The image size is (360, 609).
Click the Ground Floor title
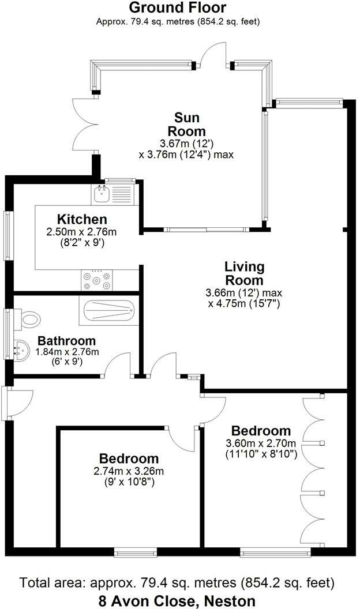pyautogui.click(x=177, y=8)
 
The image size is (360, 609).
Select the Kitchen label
pyautogui.click(x=82, y=220)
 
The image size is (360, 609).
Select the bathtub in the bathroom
pyautogui.click(x=108, y=312)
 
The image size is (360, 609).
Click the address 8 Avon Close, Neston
pyautogui.click(x=177, y=601)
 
